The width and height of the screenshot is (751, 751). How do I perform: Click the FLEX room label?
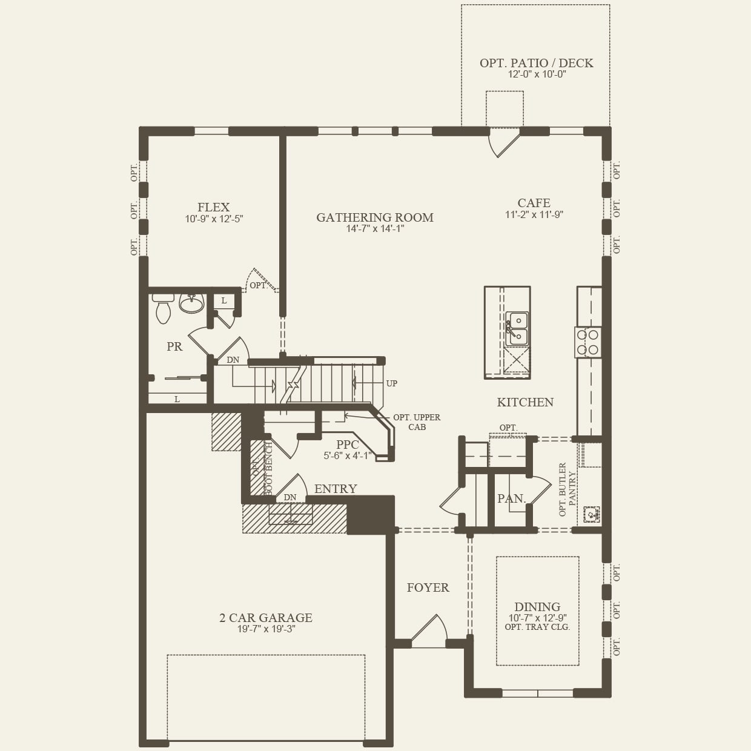pyautogui.click(x=213, y=207)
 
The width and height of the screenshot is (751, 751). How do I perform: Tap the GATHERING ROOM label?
pyautogui.click(x=375, y=217)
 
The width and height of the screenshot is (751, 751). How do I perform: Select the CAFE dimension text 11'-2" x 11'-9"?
pyautogui.click(x=534, y=214)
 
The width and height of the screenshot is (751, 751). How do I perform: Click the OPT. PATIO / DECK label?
pyautogui.click(x=536, y=63)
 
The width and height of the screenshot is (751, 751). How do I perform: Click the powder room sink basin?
pyautogui.click(x=192, y=304)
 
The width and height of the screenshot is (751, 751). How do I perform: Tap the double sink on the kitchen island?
pyautogui.click(x=517, y=328)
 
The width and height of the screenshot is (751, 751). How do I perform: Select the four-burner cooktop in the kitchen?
pyautogui.click(x=587, y=342)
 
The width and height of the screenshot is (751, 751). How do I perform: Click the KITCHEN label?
pyautogui.click(x=525, y=402)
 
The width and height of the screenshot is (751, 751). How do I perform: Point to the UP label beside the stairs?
pyautogui.click(x=392, y=383)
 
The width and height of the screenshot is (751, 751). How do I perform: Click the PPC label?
pyautogui.click(x=348, y=445)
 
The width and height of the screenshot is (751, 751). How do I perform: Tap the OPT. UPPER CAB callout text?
pyautogui.click(x=417, y=422)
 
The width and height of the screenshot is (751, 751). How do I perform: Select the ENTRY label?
pyautogui.click(x=336, y=489)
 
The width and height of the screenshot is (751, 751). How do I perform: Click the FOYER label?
pyautogui.click(x=428, y=587)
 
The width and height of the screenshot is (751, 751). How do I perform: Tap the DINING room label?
pyautogui.click(x=537, y=607)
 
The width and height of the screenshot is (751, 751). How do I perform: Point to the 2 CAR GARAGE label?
pyautogui.click(x=266, y=618)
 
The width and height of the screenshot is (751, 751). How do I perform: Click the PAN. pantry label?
pyautogui.click(x=511, y=498)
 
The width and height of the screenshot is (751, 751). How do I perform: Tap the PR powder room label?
pyautogui.click(x=174, y=347)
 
